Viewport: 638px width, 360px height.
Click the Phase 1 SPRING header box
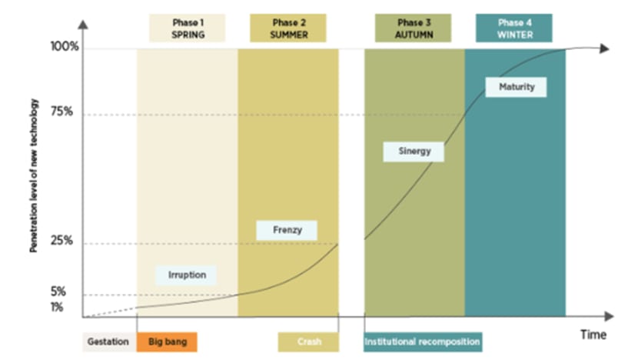click(x=187, y=28)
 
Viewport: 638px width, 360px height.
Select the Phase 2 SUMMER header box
click(x=288, y=28)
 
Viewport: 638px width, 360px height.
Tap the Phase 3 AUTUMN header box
click(x=413, y=28)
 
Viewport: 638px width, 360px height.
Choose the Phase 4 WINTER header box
click(x=514, y=28)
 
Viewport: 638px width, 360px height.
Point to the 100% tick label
click(x=65, y=46)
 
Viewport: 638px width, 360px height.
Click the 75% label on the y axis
click(x=61, y=112)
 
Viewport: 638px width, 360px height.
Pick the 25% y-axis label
click(x=61, y=240)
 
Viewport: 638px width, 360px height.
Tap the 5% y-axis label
click(x=58, y=292)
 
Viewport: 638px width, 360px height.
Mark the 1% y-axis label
click(x=57, y=307)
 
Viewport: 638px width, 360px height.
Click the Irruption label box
click(x=186, y=275)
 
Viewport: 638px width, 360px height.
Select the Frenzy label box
click(x=287, y=230)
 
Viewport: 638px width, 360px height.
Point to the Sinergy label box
click(x=414, y=152)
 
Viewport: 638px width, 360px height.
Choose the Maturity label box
click(x=516, y=87)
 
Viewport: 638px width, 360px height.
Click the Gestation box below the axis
click(x=109, y=342)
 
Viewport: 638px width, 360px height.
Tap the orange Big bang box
click(x=167, y=342)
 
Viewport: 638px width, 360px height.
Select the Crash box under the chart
click(x=308, y=342)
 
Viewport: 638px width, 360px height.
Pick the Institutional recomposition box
click(x=423, y=342)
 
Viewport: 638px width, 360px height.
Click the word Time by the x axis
click(x=593, y=335)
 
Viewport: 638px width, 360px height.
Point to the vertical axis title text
click(x=33, y=175)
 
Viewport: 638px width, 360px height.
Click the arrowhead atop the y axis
click(x=83, y=25)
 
